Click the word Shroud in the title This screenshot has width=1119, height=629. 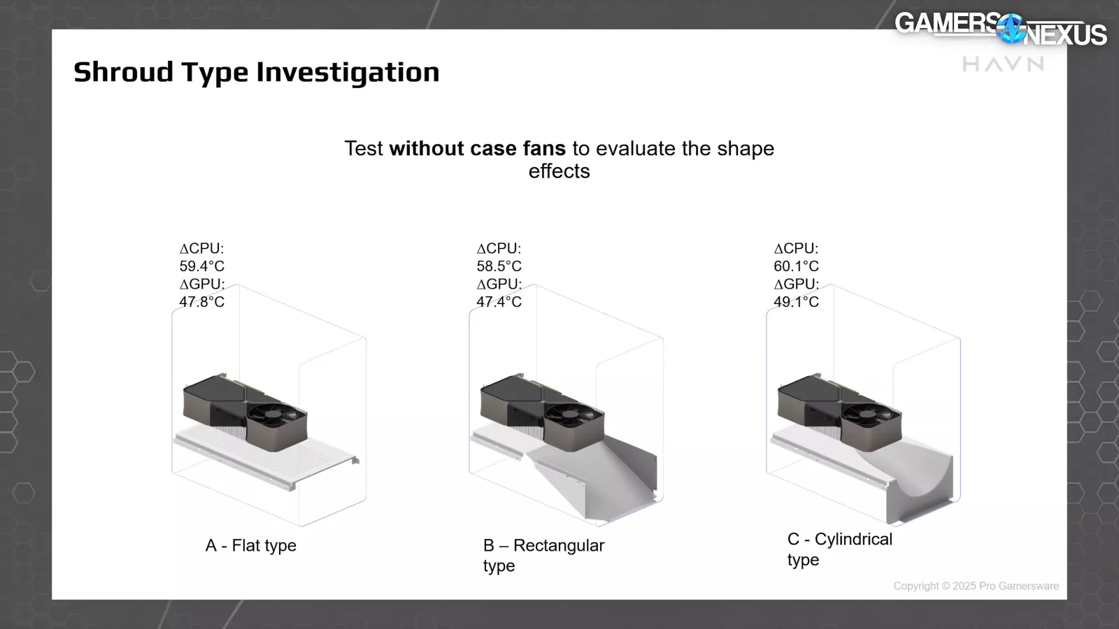coord(123,71)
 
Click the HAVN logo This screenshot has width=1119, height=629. coord(1003,64)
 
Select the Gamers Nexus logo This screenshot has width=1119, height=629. coord(1001,29)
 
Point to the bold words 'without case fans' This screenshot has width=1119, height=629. coord(478,148)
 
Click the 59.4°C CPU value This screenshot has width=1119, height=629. coord(202,266)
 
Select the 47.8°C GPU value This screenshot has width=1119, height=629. coord(202,301)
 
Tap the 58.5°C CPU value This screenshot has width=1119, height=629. coord(499,266)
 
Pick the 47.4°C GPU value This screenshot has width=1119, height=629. coord(499,301)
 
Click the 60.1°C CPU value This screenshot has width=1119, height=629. coord(797,266)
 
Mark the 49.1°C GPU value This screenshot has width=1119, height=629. coord(797,301)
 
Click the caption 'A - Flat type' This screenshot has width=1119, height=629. coord(251,545)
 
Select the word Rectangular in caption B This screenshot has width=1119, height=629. coord(559,545)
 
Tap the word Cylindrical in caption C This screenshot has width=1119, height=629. coord(853,539)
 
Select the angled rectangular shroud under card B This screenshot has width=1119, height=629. coord(599,479)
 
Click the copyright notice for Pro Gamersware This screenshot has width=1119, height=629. coord(976,586)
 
